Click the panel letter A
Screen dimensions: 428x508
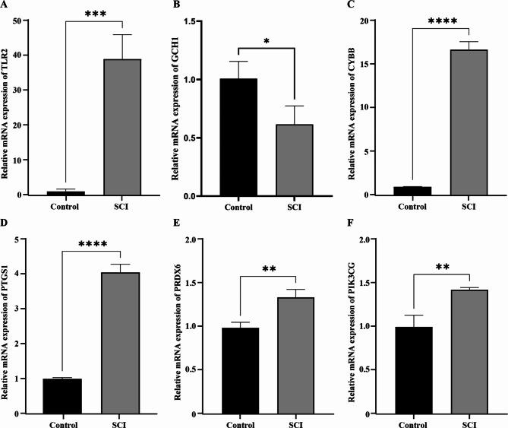coord(5,5)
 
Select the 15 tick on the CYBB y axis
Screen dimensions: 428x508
coord(371,64)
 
